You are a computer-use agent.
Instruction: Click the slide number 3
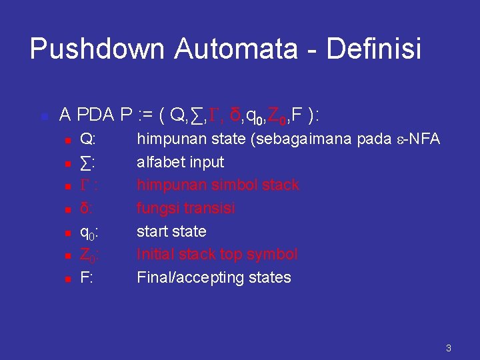[449, 347]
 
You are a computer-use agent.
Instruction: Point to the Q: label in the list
[87, 139]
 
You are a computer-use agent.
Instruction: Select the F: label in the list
[86, 277]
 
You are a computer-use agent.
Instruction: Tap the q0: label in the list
[89, 232]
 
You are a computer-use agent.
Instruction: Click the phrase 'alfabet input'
[180, 162]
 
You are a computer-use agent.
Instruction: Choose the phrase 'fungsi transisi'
[185, 209]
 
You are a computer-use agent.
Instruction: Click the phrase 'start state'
[171, 231]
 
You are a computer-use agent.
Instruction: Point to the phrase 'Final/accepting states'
[213, 277]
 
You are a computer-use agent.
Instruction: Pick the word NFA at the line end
[425, 139]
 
